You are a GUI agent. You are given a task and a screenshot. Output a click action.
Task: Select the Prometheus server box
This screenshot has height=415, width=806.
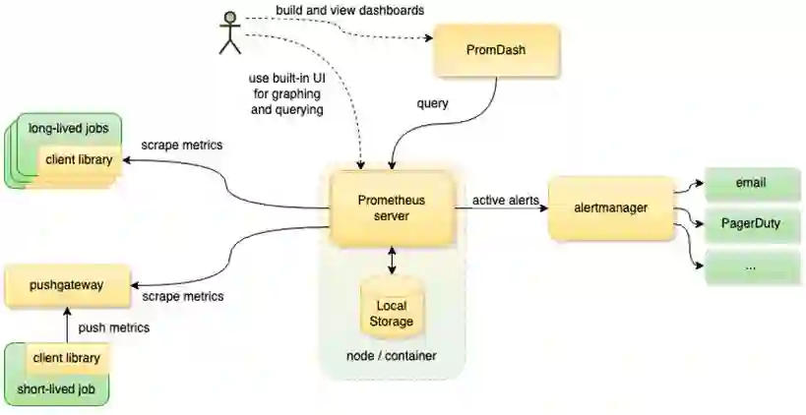(x=391, y=208)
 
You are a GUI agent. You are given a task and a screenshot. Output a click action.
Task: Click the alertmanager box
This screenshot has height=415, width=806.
(x=611, y=207)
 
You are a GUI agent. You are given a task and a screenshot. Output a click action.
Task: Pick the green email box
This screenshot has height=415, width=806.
(x=751, y=184)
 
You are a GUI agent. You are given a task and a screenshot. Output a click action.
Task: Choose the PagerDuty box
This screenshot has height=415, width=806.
(x=751, y=224)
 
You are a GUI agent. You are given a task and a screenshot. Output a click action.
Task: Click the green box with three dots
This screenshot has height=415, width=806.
(x=751, y=267)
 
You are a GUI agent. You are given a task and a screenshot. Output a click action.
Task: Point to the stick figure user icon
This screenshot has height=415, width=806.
(x=230, y=32)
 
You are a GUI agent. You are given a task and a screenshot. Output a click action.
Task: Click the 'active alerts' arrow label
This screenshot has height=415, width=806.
(x=505, y=201)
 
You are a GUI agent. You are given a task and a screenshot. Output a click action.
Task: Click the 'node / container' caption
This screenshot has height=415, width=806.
(x=392, y=354)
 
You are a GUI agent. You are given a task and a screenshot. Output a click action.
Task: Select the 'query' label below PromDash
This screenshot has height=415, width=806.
(x=432, y=103)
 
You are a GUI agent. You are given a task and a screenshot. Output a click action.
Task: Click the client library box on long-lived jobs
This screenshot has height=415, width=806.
(x=80, y=159)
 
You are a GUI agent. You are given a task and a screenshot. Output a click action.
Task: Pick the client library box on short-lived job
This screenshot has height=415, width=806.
(x=66, y=359)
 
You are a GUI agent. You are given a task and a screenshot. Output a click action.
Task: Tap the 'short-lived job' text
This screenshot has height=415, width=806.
(x=57, y=389)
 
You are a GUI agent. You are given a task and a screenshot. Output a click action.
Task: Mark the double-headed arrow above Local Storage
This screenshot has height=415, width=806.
(x=392, y=259)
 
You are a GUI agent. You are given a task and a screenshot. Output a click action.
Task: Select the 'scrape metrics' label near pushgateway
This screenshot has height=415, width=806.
(x=182, y=296)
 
